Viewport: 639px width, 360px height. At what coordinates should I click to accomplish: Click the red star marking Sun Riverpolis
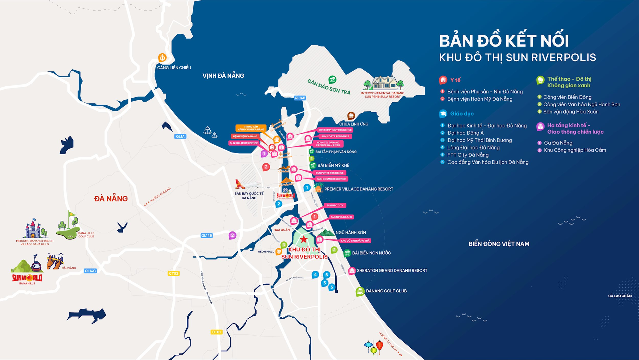[304, 239]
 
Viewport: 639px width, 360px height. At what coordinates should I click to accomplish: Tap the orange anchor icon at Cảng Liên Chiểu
[162, 58]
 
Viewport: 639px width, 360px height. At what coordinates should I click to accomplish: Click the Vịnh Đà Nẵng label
[223, 76]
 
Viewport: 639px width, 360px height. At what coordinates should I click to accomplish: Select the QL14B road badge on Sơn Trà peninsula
[300, 98]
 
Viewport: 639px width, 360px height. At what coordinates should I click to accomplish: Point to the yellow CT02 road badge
[173, 273]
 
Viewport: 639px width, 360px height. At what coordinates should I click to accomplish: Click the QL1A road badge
[180, 137]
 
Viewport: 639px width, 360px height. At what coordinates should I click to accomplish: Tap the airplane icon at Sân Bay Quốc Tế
[248, 184]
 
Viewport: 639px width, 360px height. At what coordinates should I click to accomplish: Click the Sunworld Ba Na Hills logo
[27, 278]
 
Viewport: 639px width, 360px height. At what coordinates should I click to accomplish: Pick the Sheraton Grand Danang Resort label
[392, 271]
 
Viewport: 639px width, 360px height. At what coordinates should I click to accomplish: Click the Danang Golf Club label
[386, 291]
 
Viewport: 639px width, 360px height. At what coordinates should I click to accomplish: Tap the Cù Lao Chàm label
[620, 296]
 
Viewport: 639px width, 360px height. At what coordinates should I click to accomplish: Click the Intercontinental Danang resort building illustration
[383, 83]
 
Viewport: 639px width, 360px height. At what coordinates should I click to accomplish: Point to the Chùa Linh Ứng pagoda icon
[351, 116]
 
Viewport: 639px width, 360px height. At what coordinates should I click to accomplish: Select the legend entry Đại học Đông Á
[465, 133]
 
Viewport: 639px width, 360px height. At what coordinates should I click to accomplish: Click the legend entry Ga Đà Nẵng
[558, 143]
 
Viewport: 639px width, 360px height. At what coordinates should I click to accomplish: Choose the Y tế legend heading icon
[443, 80]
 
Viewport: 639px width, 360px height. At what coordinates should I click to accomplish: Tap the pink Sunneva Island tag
[341, 217]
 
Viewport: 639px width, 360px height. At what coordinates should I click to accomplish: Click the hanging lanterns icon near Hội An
[374, 347]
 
